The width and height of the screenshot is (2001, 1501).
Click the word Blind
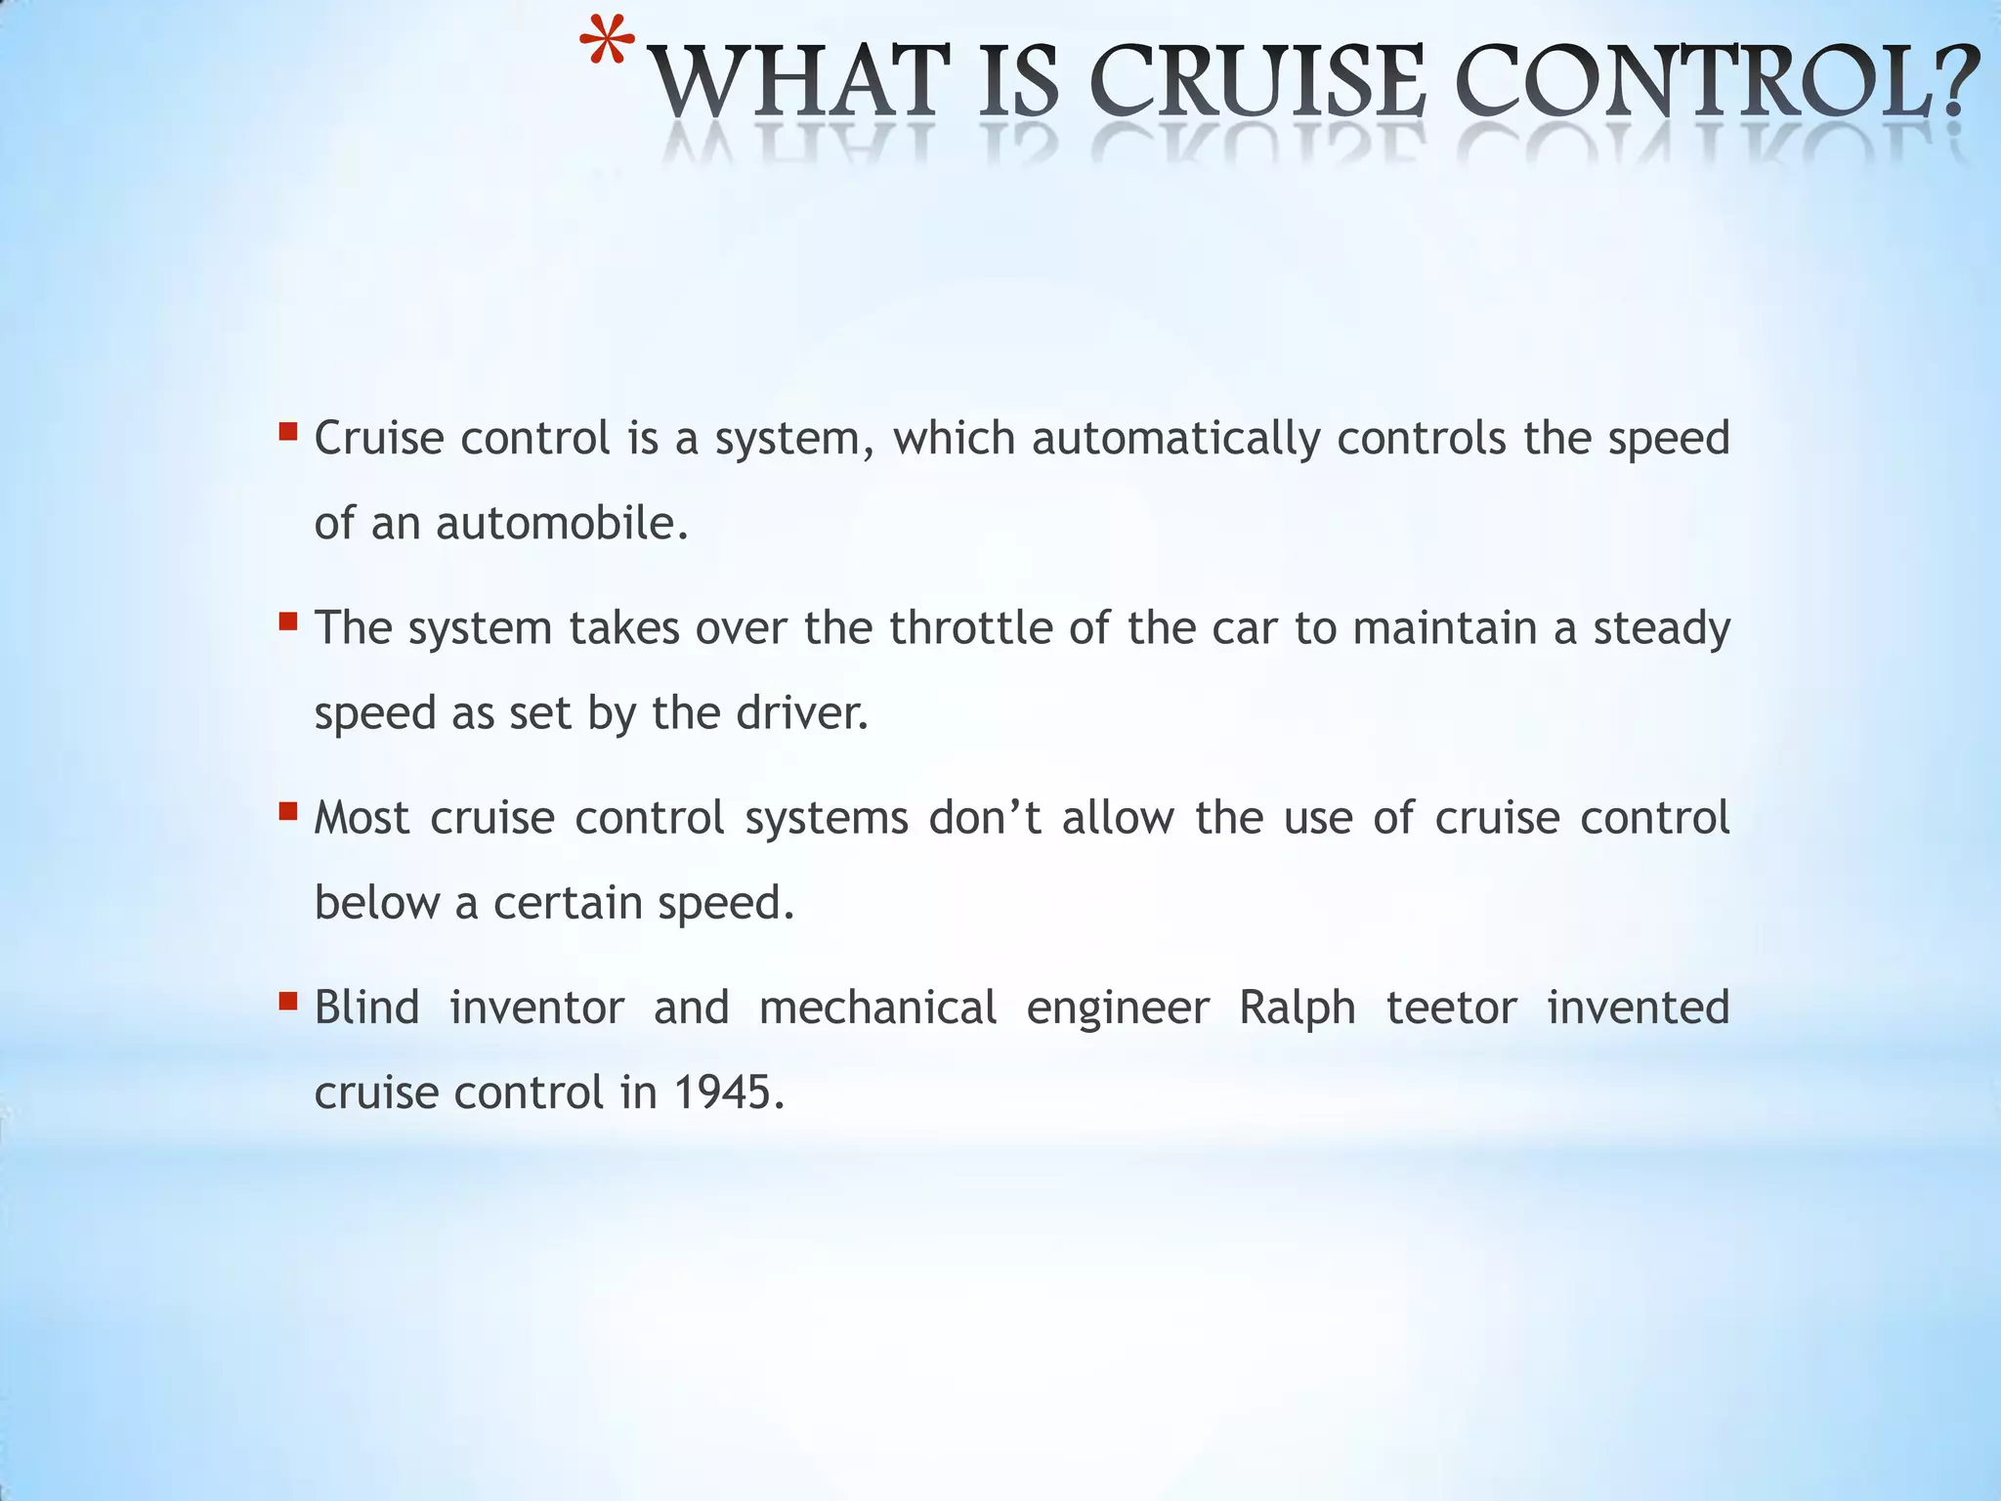tap(366, 1008)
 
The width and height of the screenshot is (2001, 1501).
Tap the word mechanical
tap(877, 1008)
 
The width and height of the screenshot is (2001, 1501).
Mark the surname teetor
tap(1451, 1008)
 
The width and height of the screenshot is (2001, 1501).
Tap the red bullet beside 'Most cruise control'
tap(287, 810)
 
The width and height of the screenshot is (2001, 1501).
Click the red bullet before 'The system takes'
tap(287, 621)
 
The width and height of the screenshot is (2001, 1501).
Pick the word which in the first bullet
tap(954, 438)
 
